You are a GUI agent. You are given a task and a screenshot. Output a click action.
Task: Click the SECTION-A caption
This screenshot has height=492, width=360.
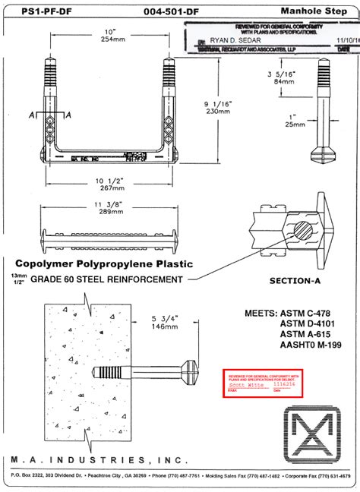click(297, 281)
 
